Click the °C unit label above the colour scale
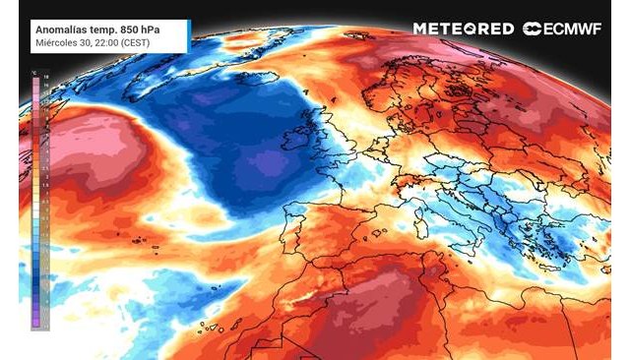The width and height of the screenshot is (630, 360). click(x=34, y=72)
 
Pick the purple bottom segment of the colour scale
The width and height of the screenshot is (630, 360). click(x=34, y=318)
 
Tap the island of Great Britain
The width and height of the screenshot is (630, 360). click(x=324, y=133)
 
